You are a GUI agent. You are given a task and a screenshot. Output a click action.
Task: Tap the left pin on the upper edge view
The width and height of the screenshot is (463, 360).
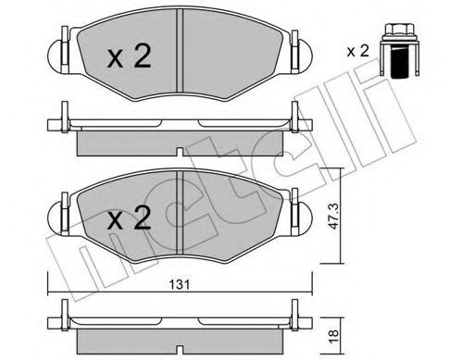tap(67, 119)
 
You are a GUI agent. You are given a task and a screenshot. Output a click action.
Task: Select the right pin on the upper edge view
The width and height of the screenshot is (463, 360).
tap(295, 119)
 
